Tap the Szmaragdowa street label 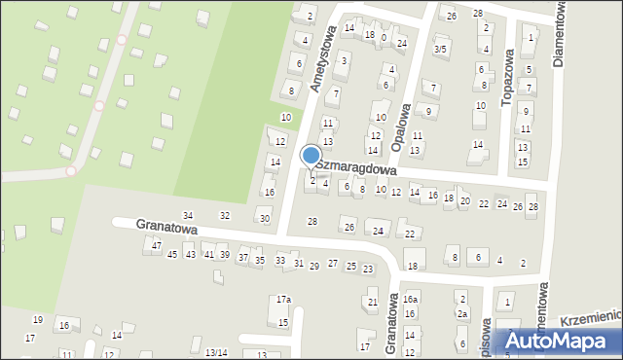[354, 167]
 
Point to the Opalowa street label [398, 126]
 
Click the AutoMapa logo [559, 340]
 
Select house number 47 [157, 245]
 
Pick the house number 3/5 [440, 49]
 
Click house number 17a [283, 300]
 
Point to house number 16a [411, 300]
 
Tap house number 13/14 [216, 352]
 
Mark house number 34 [189, 215]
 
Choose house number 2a [463, 314]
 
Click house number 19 [38, 319]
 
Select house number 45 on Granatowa [172, 255]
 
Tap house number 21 [373, 303]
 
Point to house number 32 [225, 215]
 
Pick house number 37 [243, 258]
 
